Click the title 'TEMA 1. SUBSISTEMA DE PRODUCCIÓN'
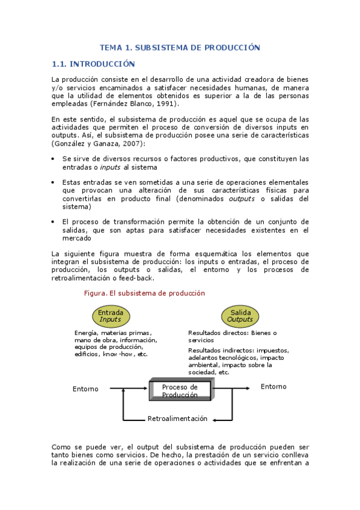click(x=180, y=47)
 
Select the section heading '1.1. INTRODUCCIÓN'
click(x=93, y=64)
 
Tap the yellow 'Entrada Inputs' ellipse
click(x=111, y=316)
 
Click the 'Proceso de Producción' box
click(x=180, y=391)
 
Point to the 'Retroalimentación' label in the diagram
click(x=177, y=419)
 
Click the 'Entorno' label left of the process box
click(x=85, y=389)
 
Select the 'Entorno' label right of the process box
click(x=273, y=387)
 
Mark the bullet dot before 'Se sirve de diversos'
click(x=54, y=159)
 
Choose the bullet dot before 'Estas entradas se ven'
click(x=54, y=182)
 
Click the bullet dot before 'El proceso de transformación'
click(x=54, y=221)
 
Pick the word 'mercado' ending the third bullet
click(x=76, y=238)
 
